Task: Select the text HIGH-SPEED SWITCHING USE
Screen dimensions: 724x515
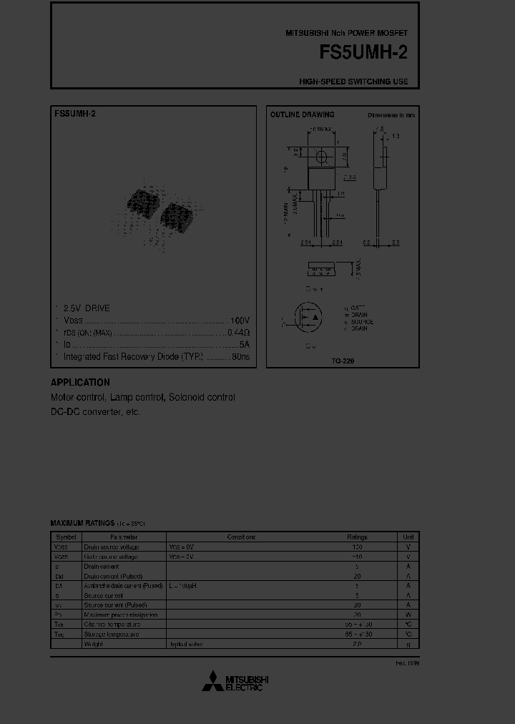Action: coord(353,82)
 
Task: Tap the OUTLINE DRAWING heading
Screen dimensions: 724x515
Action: coord(302,114)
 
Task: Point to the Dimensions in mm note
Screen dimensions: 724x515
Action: coord(391,114)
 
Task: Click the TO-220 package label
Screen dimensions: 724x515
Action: coord(343,361)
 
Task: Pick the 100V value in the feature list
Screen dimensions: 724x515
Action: coord(240,320)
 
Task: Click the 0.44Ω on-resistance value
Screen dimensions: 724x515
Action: coord(238,332)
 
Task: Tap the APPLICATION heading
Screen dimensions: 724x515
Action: coord(80,382)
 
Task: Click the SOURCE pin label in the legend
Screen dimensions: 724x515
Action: coord(361,322)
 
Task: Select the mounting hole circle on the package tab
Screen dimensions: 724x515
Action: coord(321,156)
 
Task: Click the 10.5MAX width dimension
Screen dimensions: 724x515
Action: coord(320,129)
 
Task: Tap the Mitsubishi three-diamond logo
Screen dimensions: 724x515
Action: coord(212,683)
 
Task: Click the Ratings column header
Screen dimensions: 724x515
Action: coord(357,537)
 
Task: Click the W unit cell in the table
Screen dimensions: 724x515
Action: coord(408,615)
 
